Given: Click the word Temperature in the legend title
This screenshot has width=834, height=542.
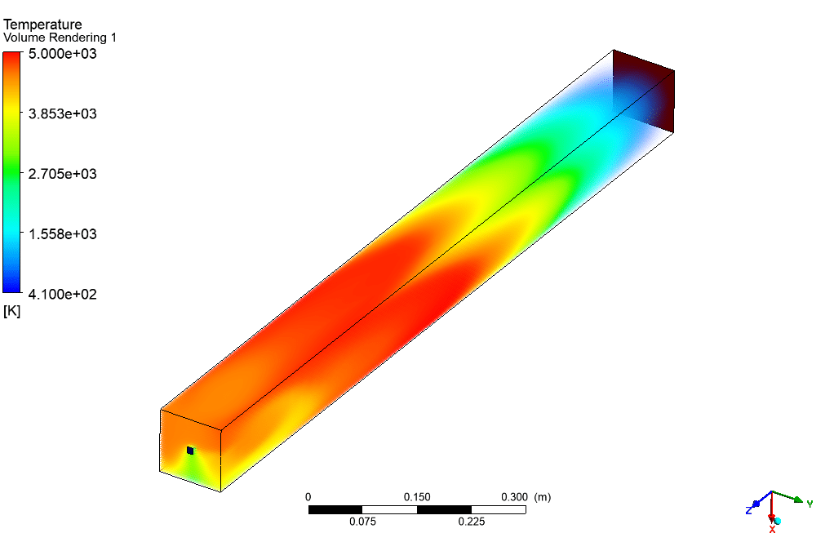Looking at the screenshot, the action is (x=42, y=24).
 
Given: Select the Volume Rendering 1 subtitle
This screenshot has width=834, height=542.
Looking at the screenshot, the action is (x=60, y=38).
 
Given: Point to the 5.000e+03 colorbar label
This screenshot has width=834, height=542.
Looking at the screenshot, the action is (x=63, y=54).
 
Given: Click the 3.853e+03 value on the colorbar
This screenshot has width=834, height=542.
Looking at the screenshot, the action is (x=63, y=113).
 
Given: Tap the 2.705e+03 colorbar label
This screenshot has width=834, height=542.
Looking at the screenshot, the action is (x=63, y=174).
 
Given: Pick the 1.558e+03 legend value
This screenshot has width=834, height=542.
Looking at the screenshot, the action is (x=63, y=234).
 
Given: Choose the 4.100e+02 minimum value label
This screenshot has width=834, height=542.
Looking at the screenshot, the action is (x=63, y=294).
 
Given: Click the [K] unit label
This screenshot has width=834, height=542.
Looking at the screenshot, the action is (x=11, y=311).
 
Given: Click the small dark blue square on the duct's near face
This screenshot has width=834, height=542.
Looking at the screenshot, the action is (x=190, y=451).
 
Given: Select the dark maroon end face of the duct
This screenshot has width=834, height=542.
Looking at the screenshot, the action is (x=644, y=91).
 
